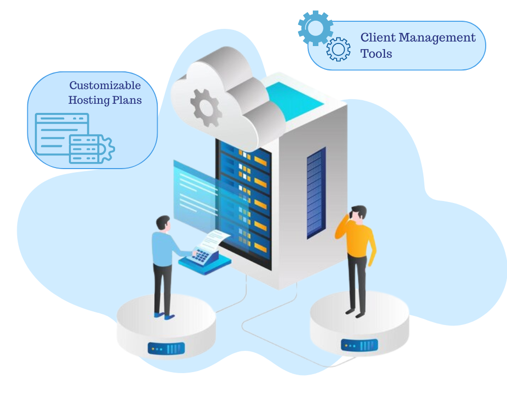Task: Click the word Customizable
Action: pos(105,85)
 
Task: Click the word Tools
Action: pos(376,54)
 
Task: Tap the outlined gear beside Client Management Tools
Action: pos(338,49)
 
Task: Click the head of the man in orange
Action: pos(358,213)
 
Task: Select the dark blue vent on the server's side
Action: pos(315,192)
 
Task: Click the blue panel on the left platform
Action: pos(166,348)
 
